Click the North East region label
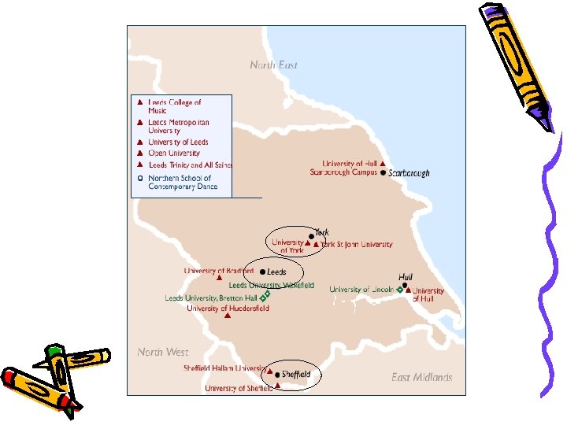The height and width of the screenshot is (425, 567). pos(273,65)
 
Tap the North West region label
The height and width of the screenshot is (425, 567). pos(162,352)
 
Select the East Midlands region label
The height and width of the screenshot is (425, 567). pos(421,377)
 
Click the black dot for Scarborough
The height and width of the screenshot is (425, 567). pos(384,172)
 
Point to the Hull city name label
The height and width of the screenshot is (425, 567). pos(406,277)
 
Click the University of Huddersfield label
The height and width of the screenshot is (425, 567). pos(228,309)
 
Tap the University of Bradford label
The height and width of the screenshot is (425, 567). pos(219,271)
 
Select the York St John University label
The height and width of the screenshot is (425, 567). pos(356,245)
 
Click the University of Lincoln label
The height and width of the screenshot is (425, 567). pos(361,289)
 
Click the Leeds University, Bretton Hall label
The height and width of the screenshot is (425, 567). pos(211,298)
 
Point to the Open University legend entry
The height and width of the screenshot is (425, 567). pos(174,153)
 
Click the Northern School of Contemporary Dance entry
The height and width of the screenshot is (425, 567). pos(180,183)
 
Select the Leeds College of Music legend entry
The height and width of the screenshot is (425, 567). pos(174,106)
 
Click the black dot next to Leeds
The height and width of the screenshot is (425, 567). pos(262,272)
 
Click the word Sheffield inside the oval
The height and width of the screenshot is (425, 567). pos(296,374)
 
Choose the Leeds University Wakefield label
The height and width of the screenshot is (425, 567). pos(271,285)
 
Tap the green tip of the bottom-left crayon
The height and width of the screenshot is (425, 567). pos(54,349)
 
